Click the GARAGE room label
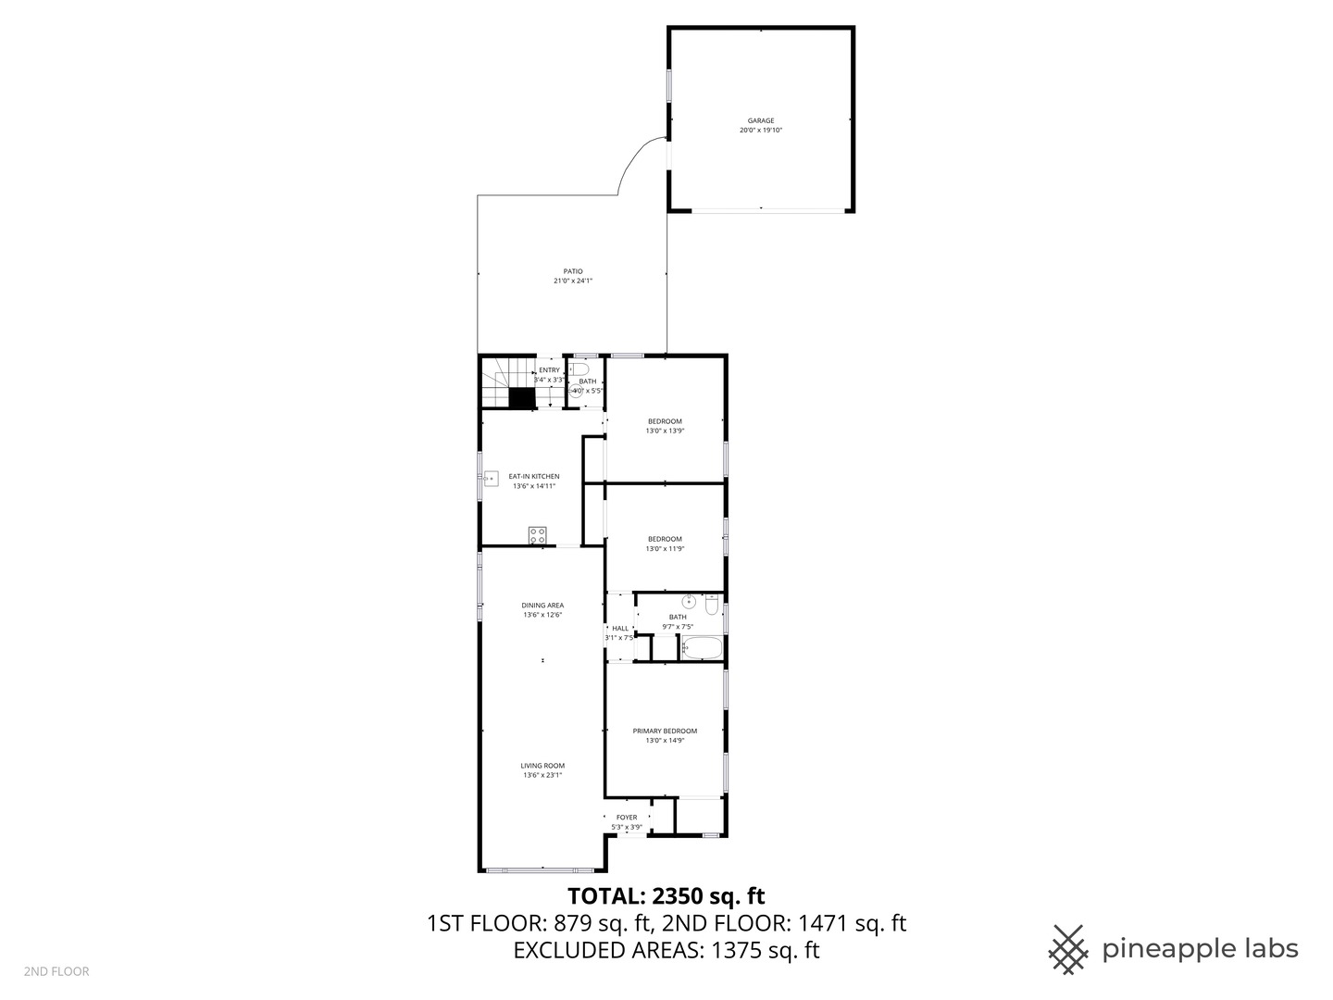[760, 120]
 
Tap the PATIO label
[573, 271]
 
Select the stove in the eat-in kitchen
[537, 534]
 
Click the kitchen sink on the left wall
[491, 479]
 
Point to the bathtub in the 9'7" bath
[701, 647]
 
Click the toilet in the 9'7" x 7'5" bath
[711, 605]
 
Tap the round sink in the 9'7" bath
[689, 602]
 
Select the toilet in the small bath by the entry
[581, 369]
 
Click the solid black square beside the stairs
[522, 398]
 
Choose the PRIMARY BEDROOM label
[665, 731]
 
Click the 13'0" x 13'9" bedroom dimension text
[665, 431]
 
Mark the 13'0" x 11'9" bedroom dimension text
[665, 548]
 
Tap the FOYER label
[627, 818]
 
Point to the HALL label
[619, 629]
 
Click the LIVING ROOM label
[542, 766]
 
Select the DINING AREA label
[542, 606]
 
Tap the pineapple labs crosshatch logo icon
[1068, 949]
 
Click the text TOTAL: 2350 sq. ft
[666, 895]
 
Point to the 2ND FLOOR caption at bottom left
[56, 971]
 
